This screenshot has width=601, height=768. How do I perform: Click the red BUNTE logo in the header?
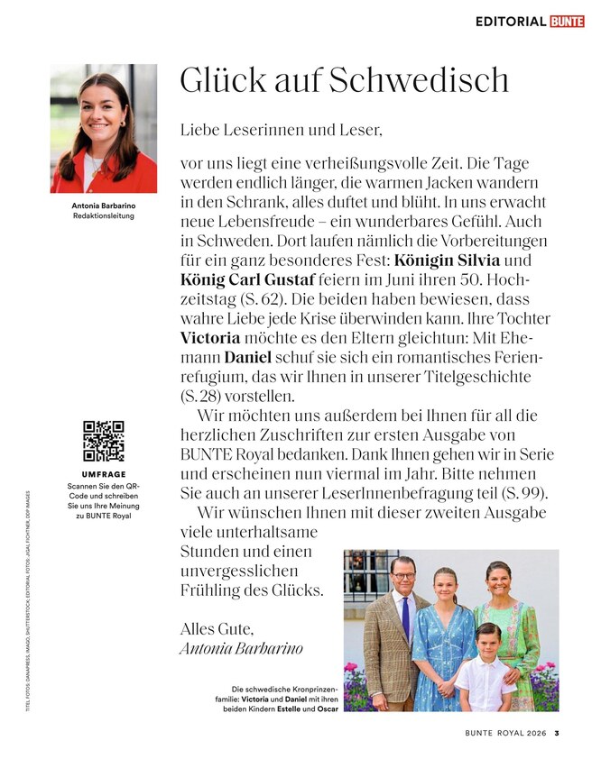567,21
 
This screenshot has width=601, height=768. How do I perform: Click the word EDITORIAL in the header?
511,21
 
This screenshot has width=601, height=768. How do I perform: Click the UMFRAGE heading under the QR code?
103,474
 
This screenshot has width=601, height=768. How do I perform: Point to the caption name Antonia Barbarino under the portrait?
103,206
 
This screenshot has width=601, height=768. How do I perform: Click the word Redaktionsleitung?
103,216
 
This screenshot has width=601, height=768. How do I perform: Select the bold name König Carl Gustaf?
251,279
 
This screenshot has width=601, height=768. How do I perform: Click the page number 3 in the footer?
557,732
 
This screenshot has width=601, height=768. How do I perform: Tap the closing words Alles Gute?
217,627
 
